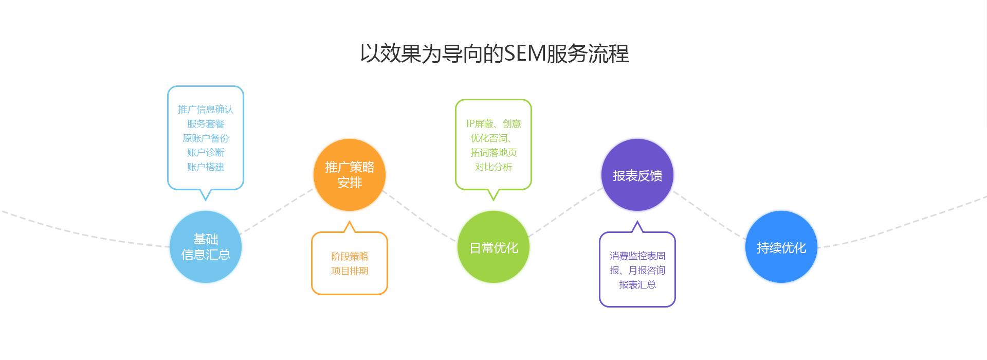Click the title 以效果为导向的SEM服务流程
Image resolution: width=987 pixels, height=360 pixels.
pos(494,53)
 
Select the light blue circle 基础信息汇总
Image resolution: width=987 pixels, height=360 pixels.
pos(206,247)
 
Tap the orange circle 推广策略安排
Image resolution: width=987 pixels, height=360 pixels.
pos(350,175)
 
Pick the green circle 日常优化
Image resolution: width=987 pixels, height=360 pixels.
pos(493,247)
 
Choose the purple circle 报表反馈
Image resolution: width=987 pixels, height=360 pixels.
pos(637,175)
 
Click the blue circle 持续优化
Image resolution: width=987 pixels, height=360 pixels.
pos(781,247)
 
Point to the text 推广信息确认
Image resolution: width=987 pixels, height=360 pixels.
pos(206,110)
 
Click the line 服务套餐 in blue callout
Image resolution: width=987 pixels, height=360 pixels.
pos(206,124)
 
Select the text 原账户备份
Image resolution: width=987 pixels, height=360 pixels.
pos(206,138)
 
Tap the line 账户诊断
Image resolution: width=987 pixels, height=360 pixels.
pos(206,153)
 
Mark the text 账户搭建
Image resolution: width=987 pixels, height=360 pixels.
pos(206,167)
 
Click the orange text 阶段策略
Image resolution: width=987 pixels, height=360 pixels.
pos(350,256)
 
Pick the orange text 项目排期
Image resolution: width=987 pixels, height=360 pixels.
pos(350,271)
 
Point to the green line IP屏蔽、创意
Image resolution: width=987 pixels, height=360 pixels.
pos(493,124)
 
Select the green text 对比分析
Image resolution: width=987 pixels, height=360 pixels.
pos(493,167)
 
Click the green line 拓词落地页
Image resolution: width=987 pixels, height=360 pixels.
pos(493,153)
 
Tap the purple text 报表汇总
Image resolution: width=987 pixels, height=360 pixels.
pos(637,285)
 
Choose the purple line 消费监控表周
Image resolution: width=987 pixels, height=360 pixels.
pos(637,256)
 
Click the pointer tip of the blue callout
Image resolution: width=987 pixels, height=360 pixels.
pos(206,199)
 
